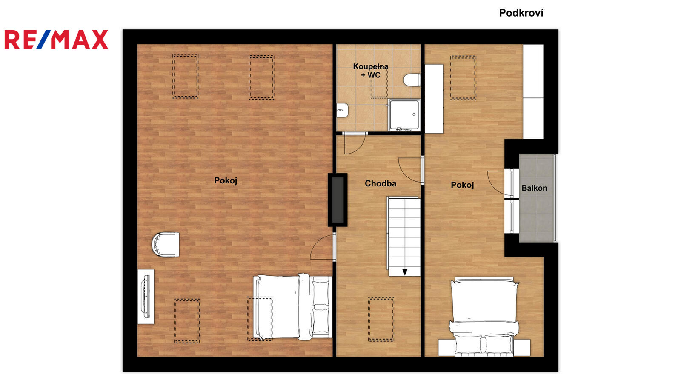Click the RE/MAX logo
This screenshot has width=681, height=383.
[56, 40]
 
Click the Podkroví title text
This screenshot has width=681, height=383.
[521, 13]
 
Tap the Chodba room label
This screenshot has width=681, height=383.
[381, 183]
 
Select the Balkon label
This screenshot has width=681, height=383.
[534, 188]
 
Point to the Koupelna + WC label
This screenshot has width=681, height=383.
[371, 71]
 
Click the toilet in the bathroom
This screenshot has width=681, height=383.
[412, 80]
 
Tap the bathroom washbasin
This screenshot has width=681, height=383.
[342, 110]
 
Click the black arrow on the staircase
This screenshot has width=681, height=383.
[405, 272]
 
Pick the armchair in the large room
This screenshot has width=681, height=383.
[166, 244]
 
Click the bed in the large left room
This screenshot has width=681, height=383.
[292, 307]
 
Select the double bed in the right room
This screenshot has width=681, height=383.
[484, 317]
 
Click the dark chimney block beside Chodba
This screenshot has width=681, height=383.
[338, 200]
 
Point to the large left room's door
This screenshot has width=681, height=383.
[323, 247]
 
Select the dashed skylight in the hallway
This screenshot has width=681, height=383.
[381, 319]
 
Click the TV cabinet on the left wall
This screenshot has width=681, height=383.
[146, 296]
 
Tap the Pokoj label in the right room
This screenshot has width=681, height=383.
[462, 185]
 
